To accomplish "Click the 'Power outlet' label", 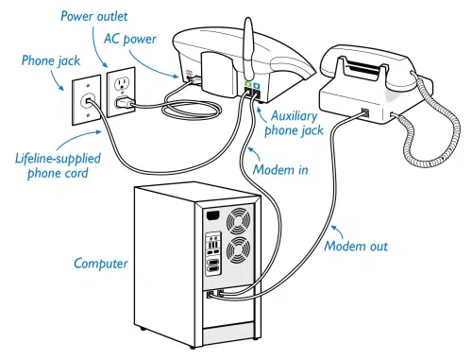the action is coord(94,16).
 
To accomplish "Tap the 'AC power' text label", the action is coord(130,39).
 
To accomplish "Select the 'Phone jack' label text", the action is coord(51,60).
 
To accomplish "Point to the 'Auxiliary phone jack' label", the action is coord(294,123).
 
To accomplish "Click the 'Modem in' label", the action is coord(280,170).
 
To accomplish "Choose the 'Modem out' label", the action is coord(356,246).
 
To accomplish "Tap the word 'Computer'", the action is coord(101,264).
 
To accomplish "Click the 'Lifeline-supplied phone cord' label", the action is coord(58,166).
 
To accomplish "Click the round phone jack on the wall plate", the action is coord(88,101).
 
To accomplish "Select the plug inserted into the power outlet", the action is coord(125,103).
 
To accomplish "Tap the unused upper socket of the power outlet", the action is coord(122,84).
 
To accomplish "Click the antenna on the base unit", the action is coord(248,50).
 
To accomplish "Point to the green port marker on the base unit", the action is coord(248,84).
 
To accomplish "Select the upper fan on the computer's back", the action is coord(239,220).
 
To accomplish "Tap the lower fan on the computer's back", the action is coord(239,249).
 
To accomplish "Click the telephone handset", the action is coord(376,67).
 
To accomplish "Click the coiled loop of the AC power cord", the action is coord(192,110).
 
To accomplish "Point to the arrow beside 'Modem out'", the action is coord(338,231).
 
